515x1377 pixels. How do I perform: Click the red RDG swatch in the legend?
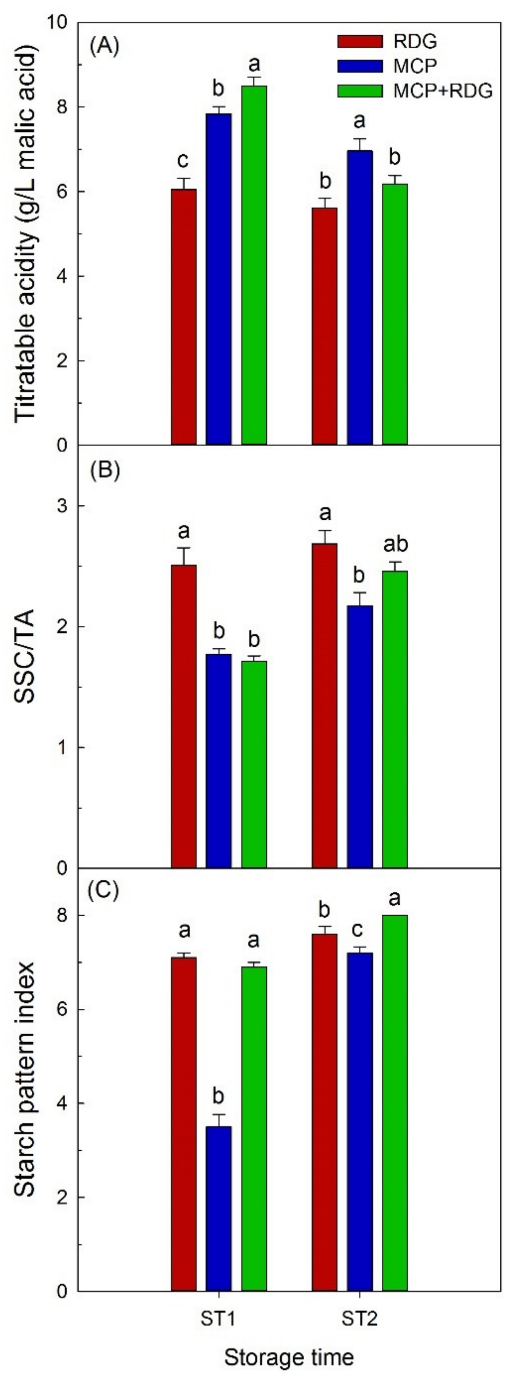point(360,41)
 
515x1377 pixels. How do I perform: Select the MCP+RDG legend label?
point(443,91)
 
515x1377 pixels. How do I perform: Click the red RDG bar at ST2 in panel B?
point(325,706)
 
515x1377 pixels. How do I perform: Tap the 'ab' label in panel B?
point(395,544)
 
